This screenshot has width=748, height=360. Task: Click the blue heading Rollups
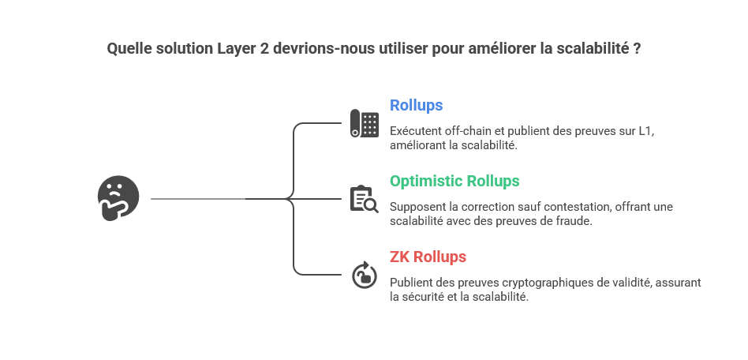(x=416, y=106)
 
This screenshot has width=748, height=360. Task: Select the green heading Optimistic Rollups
(x=454, y=182)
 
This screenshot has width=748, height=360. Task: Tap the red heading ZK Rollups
(x=428, y=257)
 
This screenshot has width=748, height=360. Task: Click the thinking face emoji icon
(x=118, y=198)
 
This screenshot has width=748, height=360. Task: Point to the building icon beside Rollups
(x=364, y=123)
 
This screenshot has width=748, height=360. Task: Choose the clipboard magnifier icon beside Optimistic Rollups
(x=364, y=199)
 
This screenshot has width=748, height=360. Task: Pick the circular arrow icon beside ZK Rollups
(x=364, y=275)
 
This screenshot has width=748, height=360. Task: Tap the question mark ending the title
(x=637, y=49)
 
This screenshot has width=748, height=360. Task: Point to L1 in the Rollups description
(x=645, y=131)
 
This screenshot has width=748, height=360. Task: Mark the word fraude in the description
(x=573, y=221)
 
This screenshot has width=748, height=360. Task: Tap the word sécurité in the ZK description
(x=428, y=297)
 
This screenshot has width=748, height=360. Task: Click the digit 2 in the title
(x=264, y=49)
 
